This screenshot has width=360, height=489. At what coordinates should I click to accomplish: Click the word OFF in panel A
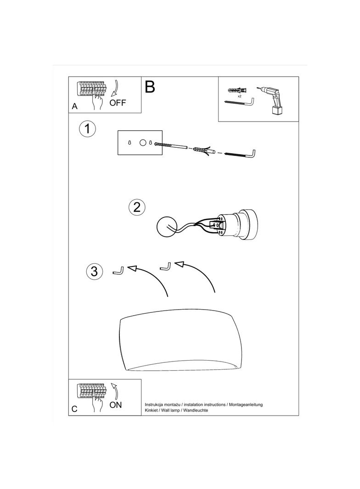coord(118,103)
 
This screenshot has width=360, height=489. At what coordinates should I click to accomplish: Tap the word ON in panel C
coord(116,405)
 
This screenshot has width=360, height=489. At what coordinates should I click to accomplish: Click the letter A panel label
coord(75,106)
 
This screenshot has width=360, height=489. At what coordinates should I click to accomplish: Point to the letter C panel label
coord(74,409)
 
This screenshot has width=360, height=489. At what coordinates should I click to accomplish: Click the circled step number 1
coord(87,128)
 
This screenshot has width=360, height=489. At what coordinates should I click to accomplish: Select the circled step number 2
coord(137,207)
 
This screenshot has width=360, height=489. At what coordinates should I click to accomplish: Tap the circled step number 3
coord(94,271)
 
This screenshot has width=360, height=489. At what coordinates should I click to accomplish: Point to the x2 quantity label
coord(239,96)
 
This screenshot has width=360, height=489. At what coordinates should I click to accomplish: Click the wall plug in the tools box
coord(237,91)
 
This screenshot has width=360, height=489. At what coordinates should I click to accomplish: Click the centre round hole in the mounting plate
coord(142,143)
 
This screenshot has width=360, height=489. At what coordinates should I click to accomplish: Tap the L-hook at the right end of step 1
coord(241,154)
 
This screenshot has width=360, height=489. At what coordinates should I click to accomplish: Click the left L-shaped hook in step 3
coord(118,271)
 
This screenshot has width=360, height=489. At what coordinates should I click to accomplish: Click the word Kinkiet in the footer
coord(152,411)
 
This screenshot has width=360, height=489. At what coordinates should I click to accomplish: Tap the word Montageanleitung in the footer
coord(246,405)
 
